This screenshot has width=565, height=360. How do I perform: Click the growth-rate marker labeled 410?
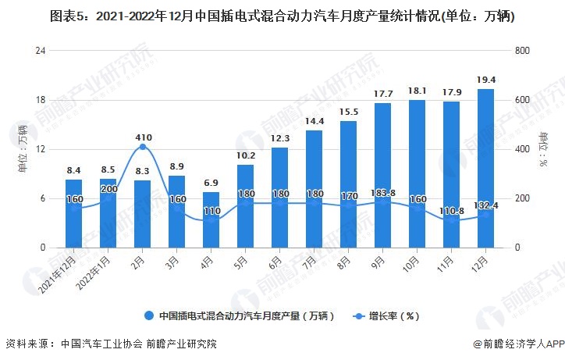[x=142, y=147]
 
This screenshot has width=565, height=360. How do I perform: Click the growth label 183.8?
[x=382, y=192]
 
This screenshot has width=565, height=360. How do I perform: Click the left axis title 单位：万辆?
[x=23, y=148]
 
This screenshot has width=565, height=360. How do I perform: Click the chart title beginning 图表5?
[x=282, y=16]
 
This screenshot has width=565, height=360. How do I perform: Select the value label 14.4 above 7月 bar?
[x=314, y=121]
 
